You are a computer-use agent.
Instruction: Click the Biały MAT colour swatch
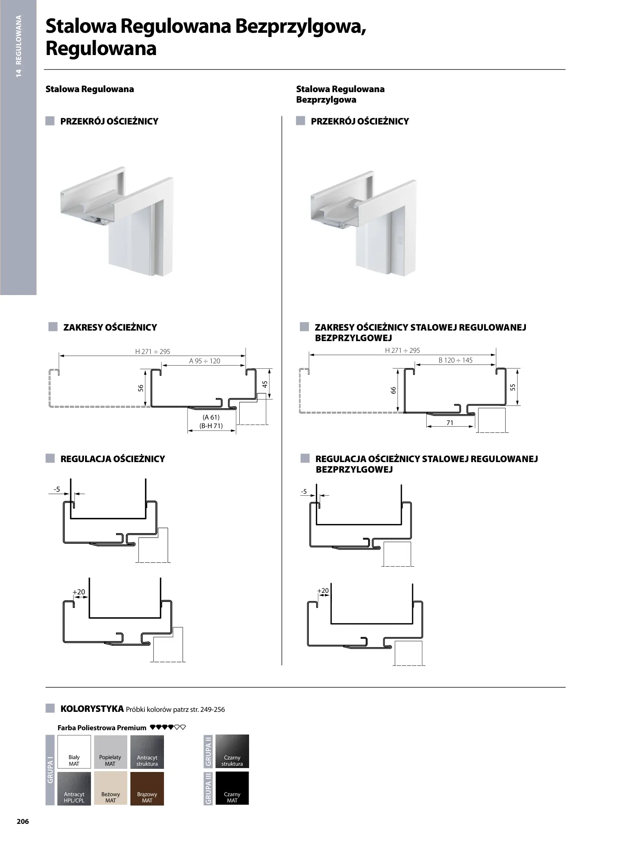click(x=74, y=752)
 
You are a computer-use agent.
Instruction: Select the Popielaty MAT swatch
click(x=110, y=752)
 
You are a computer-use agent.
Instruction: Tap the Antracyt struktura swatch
click(x=147, y=752)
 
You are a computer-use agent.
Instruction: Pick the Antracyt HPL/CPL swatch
click(x=74, y=788)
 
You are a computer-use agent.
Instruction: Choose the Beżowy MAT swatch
click(x=110, y=788)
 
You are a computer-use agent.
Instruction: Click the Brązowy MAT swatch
click(x=147, y=788)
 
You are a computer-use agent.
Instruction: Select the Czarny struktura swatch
click(x=232, y=752)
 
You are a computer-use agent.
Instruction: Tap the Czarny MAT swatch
click(x=232, y=788)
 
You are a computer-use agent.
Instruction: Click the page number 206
click(x=23, y=821)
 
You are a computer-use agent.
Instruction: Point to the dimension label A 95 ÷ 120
click(x=205, y=361)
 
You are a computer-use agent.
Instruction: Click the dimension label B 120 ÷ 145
click(x=455, y=360)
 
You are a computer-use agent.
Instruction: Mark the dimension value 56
click(x=141, y=388)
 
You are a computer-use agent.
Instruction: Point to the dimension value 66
click(x=394, y=390)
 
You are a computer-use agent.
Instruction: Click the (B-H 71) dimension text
click(x=211, y=426)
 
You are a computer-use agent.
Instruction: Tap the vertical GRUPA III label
click(x=208, y=788)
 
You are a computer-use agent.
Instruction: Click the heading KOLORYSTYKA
click(x=92, y=708)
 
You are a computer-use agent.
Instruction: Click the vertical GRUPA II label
click(x=208, y=752)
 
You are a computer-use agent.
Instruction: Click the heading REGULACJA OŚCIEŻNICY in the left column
click(x=113, y=459)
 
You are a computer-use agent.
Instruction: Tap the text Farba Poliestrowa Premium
click(x=102, y=727)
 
